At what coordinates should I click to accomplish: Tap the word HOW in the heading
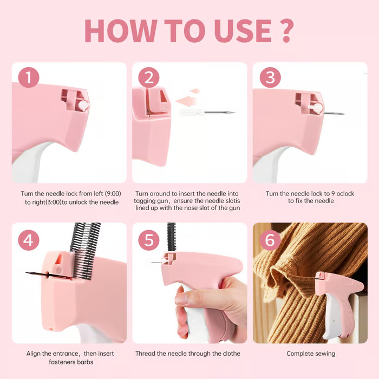pos(121,31)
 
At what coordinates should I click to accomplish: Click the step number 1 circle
pos(29,77)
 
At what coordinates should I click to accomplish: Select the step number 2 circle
pos(149,77)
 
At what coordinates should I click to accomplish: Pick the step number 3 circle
pos(270,77)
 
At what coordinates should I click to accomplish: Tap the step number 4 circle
pos(29,240)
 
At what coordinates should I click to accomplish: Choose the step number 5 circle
pos(149,240)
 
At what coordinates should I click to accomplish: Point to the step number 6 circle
pos(270,240)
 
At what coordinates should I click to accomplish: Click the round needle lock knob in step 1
pos(83,106)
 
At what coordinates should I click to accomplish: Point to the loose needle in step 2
pos(207,113)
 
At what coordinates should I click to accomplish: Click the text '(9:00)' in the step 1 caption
pos(113,194)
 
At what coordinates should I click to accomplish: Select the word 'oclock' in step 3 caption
pos(345,194)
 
